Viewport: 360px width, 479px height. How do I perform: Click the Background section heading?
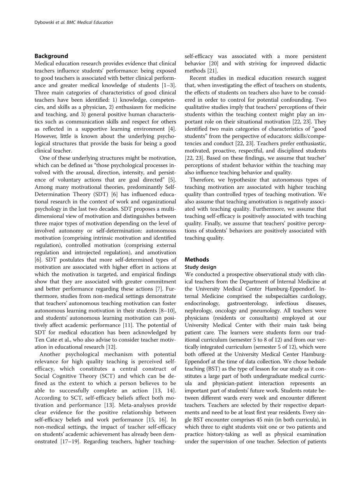(x=51, y=56)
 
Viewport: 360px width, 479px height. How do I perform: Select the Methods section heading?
(x=197, y=259)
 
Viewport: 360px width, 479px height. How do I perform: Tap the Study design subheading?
(x=200, y=267)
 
